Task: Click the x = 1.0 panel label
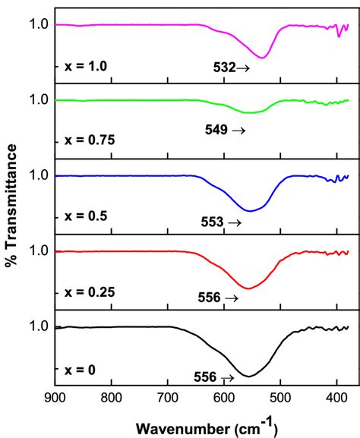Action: [x=84, y=66]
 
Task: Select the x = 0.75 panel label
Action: [x=87, y=141]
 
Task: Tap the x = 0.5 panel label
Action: [x=84, y=216]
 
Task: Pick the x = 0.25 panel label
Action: [x=87, y=291]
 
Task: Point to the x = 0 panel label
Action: [x=79, y=370]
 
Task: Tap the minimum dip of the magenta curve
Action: [x=263, y=58]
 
